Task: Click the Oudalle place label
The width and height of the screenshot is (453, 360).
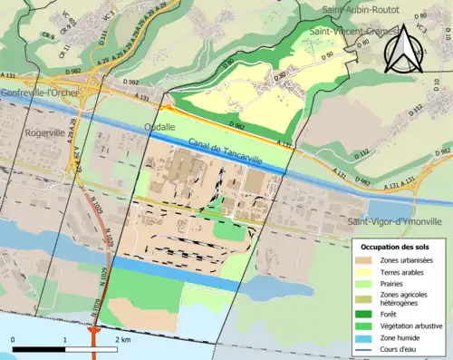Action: [x=159, y=128]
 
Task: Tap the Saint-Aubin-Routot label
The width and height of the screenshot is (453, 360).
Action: [x=364, y=10]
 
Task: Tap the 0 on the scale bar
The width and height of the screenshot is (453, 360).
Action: [x=13, y=339]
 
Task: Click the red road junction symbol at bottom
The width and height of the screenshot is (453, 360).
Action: [x=93, y=332]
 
